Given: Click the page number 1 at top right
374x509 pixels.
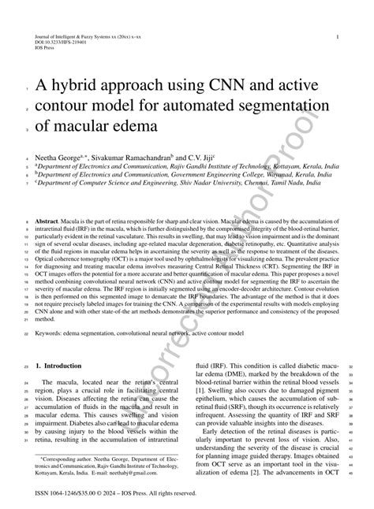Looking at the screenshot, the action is click(x=337, y=37).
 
